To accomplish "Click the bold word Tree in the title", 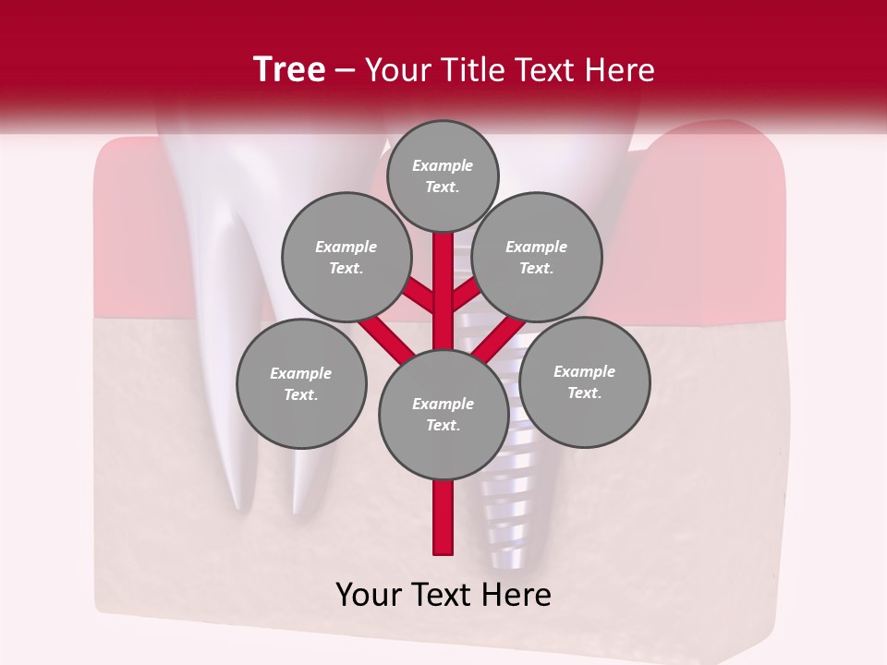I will pos(289,69).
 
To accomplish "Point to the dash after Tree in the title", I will pos(346,71).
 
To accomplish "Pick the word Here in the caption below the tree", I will pos(516,595).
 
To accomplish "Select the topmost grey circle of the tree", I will pos(443,175).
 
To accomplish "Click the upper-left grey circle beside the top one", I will pos(346,257).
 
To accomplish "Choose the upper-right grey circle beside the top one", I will pos(537,257).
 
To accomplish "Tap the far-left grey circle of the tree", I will pos(301,383).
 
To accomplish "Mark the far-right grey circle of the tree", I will pos(585,381).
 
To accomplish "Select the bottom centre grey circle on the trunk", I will pos(443,414).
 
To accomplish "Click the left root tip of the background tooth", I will pos(242,503).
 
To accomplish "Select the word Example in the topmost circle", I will pos(443,165).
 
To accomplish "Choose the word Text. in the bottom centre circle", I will pos(443,425).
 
